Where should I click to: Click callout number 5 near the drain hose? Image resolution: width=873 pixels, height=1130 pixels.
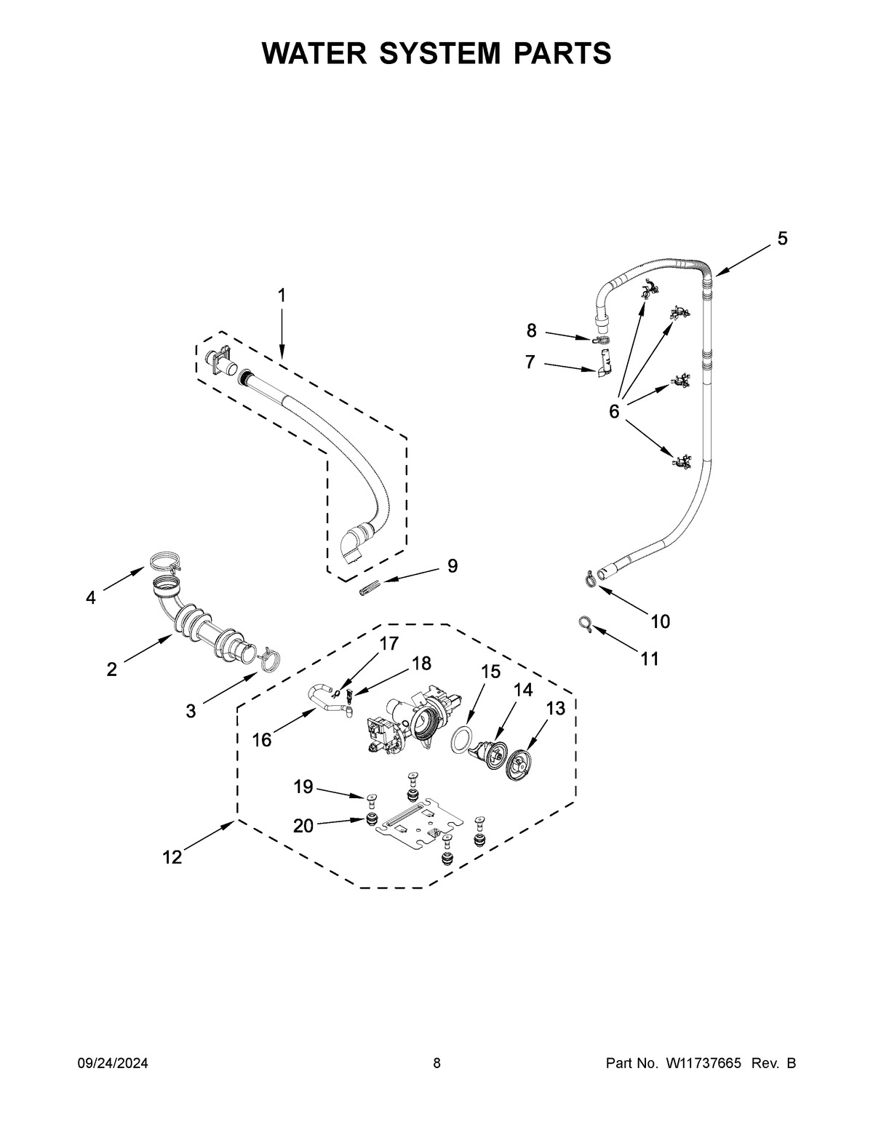pyautogui.click(x=782, y=238)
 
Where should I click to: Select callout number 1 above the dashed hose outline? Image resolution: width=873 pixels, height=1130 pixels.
pyautogui.click(x=282, y=295)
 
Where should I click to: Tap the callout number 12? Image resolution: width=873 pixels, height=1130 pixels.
pyautogui.click(x=172, y=857)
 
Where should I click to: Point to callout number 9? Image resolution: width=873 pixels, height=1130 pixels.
pyautogui.click(x=453, y=565)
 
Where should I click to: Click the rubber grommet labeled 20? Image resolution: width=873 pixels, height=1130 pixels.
pyautogui.click(x=372, y=821)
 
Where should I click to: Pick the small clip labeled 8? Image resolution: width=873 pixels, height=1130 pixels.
pyautogui.click(x=600, y=339)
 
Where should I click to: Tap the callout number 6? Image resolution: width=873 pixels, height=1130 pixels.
pyautogui.click(x=614, y=413)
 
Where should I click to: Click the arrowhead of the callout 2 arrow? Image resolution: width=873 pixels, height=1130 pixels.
pyautogui.click(x=170, y=635)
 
